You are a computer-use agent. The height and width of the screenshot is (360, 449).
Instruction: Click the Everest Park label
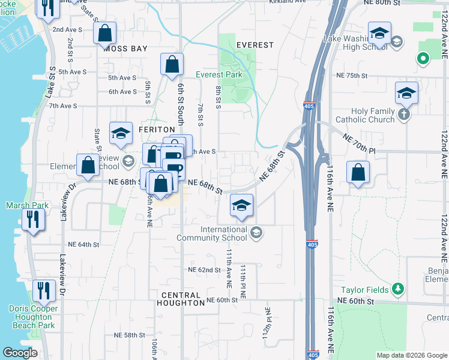219,75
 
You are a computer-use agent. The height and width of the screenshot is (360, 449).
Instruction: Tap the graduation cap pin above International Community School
241,207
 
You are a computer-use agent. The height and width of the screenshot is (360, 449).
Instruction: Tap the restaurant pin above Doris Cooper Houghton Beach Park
44,292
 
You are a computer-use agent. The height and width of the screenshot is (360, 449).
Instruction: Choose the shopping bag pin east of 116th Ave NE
358,173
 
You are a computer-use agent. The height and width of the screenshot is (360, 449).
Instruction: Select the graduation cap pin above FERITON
121,134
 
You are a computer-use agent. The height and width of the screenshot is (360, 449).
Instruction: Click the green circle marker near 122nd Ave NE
423,59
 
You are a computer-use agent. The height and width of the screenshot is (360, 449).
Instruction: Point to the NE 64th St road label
83,244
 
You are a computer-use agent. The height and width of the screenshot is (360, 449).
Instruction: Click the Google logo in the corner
20,353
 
